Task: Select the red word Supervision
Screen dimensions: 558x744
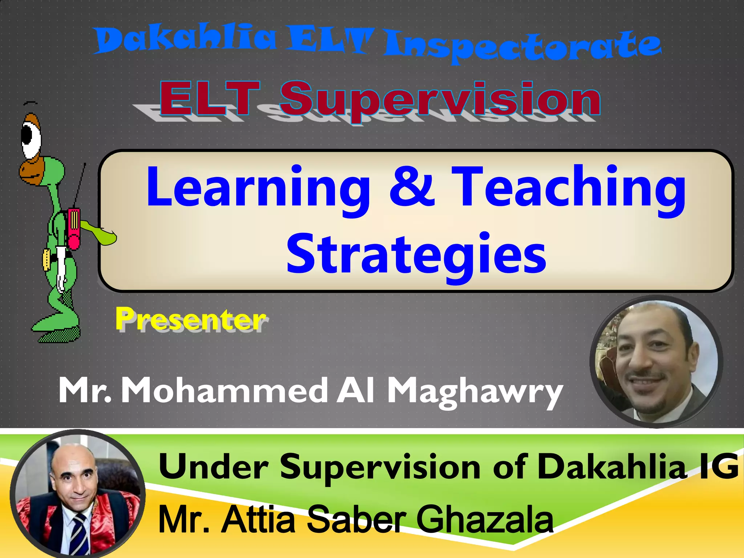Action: (440, 100)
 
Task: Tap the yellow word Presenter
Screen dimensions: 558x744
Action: (191, 319)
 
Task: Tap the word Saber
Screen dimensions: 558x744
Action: (356, 519)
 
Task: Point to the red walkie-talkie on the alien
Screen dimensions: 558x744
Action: (74, 229)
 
